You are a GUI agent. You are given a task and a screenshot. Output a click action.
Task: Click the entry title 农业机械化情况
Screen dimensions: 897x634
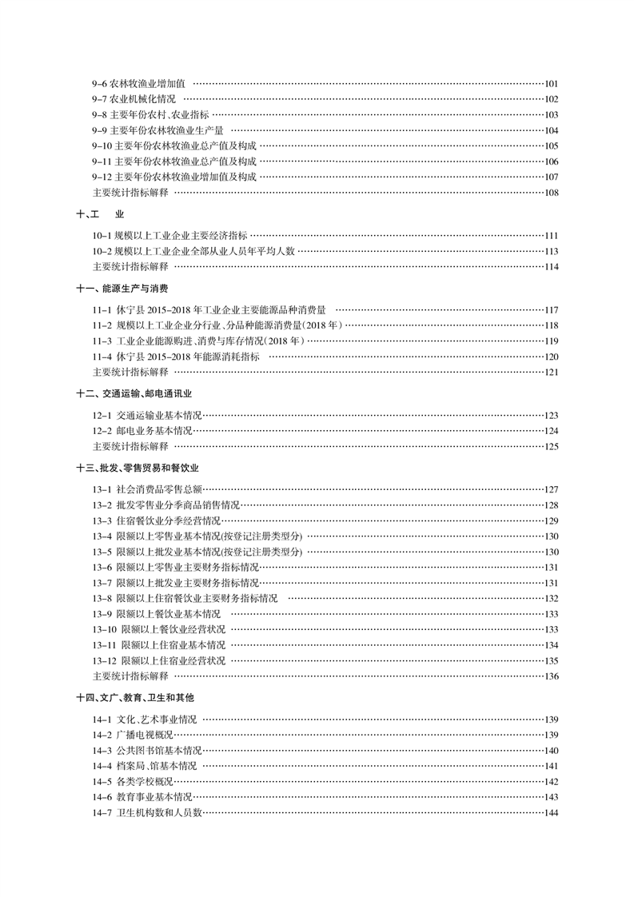[x=143, y=99]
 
